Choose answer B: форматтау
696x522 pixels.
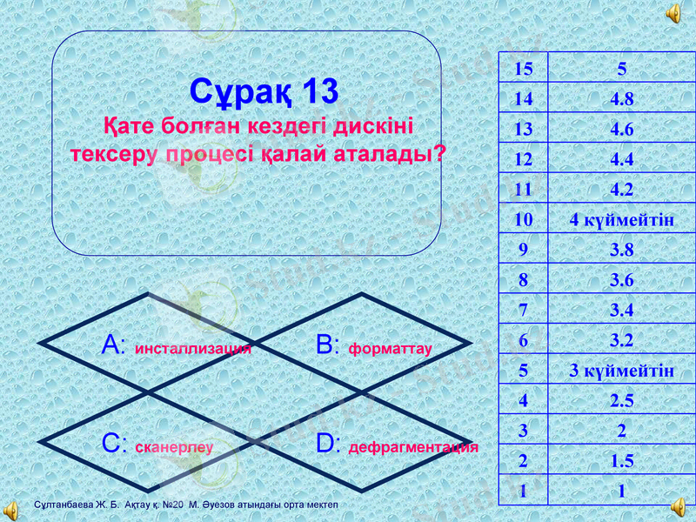click(375, 347)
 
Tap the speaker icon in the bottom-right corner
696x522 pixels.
click(680, 507)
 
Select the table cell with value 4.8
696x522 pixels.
click(621, 100)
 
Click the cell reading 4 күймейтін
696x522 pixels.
click(621, 220)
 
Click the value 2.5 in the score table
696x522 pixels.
click(621, 401)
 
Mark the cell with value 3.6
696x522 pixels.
click(621, 280)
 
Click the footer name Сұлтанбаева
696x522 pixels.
click(60, 505)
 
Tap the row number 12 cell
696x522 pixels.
click(523, 160)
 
